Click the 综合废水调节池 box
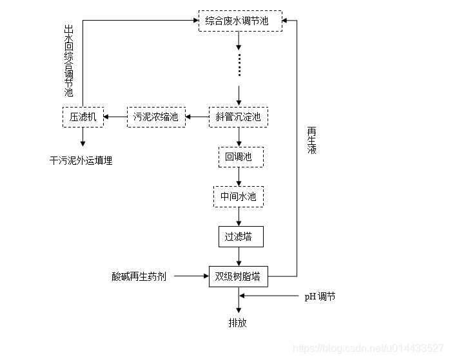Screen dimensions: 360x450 click(x=240, y=21)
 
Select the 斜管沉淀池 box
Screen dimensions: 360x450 click(x=239, y=117)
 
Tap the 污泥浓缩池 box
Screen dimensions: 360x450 click(x=155, y=117)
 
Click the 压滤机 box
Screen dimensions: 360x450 click(x=83, y=117)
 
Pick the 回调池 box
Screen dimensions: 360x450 click(x=240, y=156)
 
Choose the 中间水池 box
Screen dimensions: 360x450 click(x=239, y=196)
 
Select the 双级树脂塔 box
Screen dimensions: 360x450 click(x=239, y=277)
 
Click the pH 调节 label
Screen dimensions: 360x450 click(x=320, y=297)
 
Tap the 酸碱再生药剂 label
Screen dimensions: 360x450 click(x=139, y=277)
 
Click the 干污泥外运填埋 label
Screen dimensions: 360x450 click(x=81, y=161)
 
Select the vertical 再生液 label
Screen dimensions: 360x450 click(x=312, y=139)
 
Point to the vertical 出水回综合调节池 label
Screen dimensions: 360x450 click(x=69, y=61)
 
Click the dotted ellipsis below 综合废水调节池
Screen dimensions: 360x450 click(x=239, y=64)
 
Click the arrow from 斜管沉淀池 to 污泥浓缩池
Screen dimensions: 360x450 click(x=198, y=117)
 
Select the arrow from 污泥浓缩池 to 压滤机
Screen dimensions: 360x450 click(x=115, y=117)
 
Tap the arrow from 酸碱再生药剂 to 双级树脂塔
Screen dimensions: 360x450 click(x=191, y=277)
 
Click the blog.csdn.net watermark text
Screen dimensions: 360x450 click(x=368, y=348)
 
